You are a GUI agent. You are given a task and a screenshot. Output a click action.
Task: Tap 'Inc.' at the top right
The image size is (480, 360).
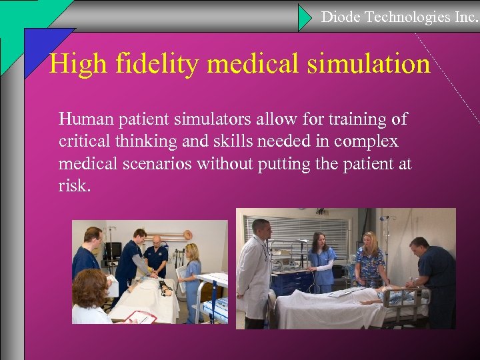click(466, 17)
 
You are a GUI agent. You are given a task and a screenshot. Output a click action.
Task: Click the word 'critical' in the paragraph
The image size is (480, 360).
click(83, 142)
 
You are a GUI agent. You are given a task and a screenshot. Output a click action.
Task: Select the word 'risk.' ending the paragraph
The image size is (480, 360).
click(73, 186)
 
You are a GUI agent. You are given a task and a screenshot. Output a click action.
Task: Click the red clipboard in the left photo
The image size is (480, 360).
click(140, 317)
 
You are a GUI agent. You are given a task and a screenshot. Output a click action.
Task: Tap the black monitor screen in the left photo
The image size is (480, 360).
click(113, 251)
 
